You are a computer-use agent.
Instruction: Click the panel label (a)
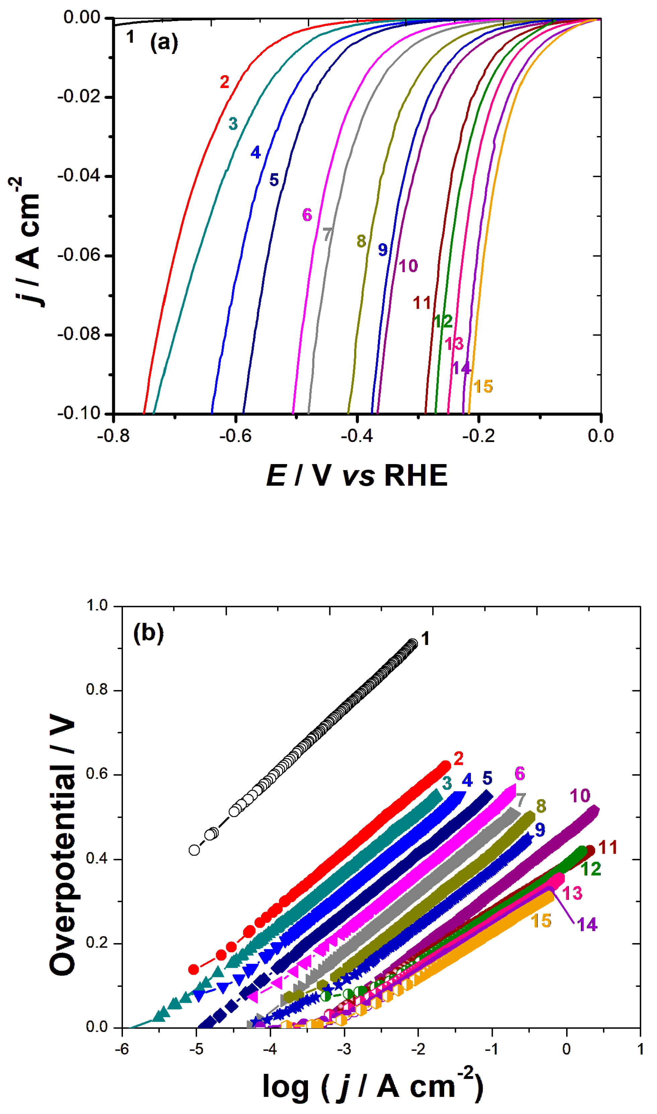[164, 43]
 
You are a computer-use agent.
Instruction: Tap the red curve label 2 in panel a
[224, 82]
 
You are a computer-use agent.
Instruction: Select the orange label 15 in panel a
[483, 386]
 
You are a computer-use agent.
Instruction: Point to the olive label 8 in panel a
[361, 241]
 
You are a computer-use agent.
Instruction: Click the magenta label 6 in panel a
[307, 215]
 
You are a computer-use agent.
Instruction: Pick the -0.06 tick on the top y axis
[79, 255]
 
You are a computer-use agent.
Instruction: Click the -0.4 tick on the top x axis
[356, 436]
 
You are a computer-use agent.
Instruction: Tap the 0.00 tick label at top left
[82, 18]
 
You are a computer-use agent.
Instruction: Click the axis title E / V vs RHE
[356, 476]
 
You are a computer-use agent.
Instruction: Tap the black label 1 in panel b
[425, 639]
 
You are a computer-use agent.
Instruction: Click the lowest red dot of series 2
[193, 970]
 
